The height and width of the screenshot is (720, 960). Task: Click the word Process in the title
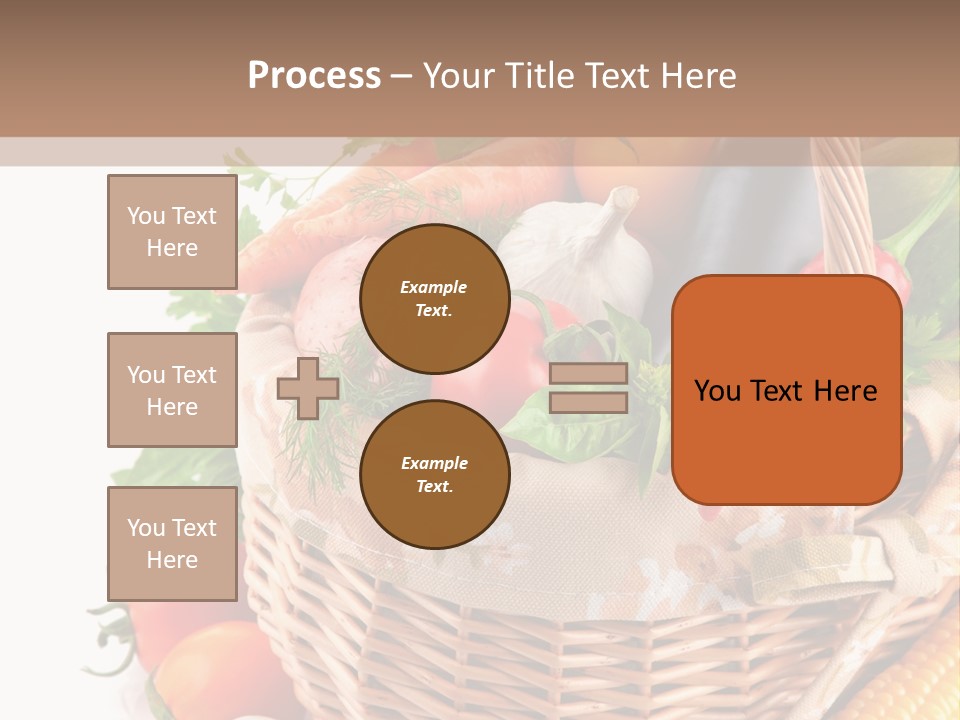pos(314,76)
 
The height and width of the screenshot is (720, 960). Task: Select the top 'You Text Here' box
pos(172,232)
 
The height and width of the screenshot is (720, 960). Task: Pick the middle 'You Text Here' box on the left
pos(172,390)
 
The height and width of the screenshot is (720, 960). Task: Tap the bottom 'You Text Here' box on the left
pos(172,543)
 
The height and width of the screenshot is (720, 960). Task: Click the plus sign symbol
pos(308,388)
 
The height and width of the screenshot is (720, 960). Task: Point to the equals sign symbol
pos(588,388)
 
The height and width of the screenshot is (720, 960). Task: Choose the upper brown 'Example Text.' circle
pos(434,298)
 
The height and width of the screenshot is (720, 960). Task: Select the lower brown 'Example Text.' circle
pos(434,474)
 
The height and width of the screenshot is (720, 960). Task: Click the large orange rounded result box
pos(786,390)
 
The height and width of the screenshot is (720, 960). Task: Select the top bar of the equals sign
pos(588,374)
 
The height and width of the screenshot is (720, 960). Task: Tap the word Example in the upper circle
pos(434,287)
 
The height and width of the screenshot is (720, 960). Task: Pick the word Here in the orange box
pos(845,391)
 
